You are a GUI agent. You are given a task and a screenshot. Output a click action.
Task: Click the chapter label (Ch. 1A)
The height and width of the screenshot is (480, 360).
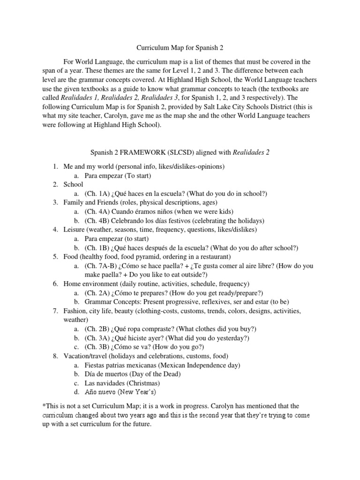[97, 194]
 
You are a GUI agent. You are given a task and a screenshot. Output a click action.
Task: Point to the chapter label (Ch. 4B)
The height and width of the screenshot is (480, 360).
[97, 220]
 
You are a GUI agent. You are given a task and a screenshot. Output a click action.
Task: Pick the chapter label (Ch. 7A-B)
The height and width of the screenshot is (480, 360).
[100, 265]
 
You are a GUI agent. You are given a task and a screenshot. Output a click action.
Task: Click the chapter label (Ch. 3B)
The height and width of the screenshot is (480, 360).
[97, 347]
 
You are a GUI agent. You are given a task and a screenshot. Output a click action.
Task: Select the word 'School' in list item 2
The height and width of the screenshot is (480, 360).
[74, 185]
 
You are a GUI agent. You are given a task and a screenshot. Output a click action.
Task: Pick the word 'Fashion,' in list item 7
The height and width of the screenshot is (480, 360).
[75, 311]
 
